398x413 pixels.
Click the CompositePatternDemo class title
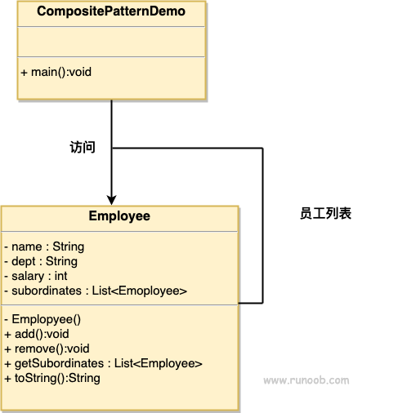(111, 11)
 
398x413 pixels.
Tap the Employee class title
(119, 216)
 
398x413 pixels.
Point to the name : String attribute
(44, 246)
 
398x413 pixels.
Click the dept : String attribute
(41, 261)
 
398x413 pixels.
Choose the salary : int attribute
(36, 276)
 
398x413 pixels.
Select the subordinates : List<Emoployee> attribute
(96, 291)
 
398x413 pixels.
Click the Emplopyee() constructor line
(42, 319)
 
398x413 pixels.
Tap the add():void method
(37, 334)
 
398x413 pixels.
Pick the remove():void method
(47, 349)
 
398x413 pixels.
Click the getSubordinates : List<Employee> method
(104, 363)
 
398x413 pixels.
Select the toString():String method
(52, 378)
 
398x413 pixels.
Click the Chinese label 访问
(83, 147)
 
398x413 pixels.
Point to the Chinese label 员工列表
(325, 213)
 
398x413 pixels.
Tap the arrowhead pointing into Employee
(111, 200)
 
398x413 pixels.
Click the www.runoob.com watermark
(306, 380)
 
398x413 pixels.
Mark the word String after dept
(61, 261)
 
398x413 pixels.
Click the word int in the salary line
(61, 276)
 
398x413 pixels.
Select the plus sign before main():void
(24, 73)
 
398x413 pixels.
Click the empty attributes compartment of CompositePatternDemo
(111, 42)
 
